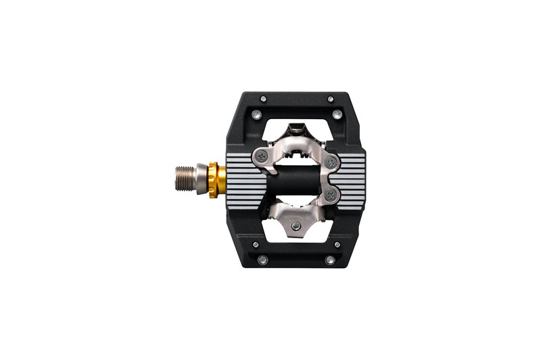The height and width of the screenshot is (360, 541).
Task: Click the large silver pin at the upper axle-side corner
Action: coord(256,114)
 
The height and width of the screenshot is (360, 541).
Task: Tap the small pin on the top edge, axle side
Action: coord(263,99)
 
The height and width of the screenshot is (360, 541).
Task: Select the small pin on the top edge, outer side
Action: coord(330,99)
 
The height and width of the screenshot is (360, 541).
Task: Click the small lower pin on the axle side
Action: coord(255,244)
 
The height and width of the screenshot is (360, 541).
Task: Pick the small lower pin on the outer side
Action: coord(337,244)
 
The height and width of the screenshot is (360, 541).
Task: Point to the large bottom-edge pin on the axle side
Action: coord(262,260)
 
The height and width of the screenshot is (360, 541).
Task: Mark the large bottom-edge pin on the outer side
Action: coord(329,260)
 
